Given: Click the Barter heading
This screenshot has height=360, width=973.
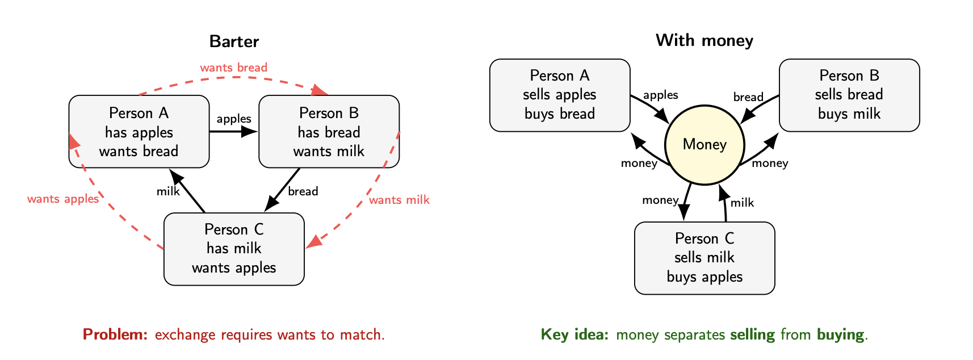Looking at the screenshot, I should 234,41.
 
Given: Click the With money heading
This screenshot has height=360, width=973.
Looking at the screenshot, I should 704,40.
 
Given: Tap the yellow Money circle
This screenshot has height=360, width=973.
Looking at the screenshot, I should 704,145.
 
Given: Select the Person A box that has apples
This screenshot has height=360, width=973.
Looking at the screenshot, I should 139,132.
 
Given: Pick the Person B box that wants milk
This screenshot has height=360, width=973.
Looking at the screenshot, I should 329,132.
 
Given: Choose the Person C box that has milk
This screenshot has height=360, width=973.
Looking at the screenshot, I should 234,249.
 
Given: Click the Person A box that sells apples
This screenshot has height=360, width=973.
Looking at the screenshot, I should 560,95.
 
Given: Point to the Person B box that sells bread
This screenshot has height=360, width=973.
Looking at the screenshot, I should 849,95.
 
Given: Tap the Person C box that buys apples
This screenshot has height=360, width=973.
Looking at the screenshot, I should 704,258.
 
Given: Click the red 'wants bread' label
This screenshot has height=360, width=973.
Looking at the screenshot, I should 233,68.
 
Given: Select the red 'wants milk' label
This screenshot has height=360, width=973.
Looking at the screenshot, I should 399,200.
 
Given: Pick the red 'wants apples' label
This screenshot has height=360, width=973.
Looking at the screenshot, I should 63,199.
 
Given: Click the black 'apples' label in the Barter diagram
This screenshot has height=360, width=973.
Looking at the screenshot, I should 233,119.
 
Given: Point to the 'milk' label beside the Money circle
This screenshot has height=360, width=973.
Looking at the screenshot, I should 742,203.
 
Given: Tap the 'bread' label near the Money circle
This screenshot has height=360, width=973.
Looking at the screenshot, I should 748,97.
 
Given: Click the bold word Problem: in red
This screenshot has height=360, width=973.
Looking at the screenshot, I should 115,334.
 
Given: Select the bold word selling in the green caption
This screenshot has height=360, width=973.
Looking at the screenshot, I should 752,334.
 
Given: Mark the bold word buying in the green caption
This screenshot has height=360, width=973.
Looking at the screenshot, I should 841,334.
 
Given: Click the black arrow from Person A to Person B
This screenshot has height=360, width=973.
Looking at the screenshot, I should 233,132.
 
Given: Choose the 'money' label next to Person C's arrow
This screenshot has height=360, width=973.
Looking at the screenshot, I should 660,200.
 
